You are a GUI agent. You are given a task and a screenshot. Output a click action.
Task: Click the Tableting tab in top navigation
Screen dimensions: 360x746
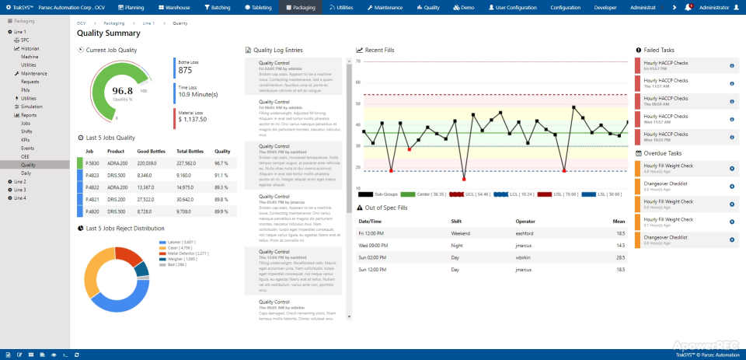coord(258,7)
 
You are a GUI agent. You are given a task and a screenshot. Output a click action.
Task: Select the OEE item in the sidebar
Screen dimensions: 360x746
coord(26,156)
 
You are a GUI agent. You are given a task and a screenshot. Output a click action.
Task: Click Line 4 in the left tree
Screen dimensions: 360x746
coord(19,197)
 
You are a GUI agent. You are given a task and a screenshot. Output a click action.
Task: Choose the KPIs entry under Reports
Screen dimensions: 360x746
coord(26,139)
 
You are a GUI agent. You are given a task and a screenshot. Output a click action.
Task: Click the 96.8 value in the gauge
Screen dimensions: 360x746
coord(122,91)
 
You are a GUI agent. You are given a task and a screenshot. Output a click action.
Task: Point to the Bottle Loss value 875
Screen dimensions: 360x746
coord(185,70)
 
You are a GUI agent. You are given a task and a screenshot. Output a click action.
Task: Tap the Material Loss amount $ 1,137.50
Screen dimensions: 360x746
coord(192,120)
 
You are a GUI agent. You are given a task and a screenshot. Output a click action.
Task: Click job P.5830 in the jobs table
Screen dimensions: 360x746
coord(92,163)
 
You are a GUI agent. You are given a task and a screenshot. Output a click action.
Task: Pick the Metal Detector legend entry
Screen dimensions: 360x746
coord(186,253)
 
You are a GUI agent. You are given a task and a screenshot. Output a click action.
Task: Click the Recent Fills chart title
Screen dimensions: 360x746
coord(379,50)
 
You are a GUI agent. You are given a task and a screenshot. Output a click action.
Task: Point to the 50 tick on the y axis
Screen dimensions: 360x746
coord(358,103)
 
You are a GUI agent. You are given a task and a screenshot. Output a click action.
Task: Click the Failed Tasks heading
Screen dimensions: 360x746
coord(659,50)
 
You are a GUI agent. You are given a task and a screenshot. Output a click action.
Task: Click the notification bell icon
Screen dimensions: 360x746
coord(688,7)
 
